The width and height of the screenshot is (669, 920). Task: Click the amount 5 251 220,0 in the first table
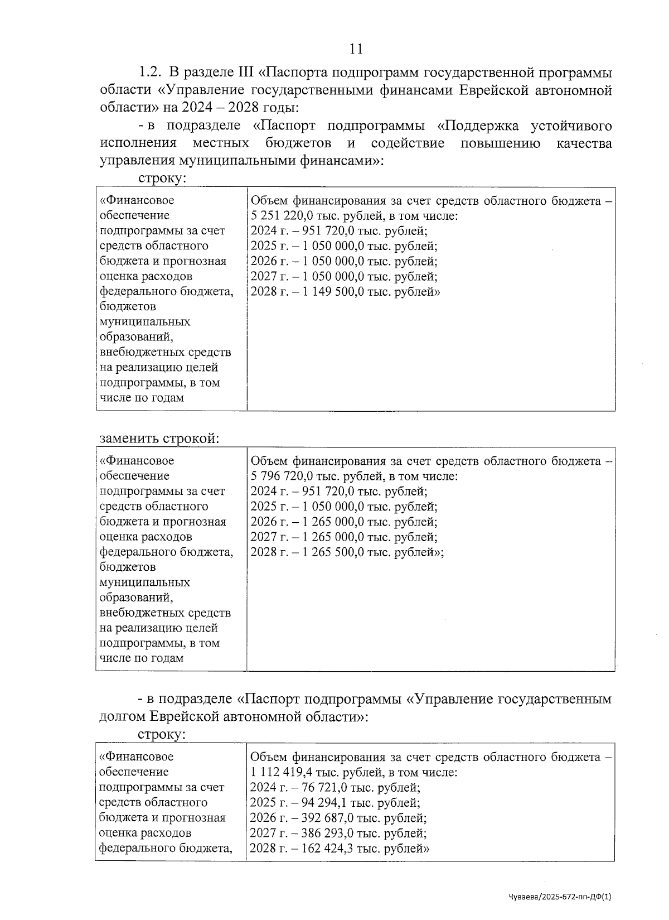point(279,216)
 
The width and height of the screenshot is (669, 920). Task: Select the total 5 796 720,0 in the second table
point(279,476)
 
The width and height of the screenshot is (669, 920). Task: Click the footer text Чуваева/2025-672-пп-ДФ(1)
point(560,897)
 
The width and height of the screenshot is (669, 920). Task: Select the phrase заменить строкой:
point(159,439)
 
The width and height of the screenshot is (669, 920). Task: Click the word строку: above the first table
point(162,178)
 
